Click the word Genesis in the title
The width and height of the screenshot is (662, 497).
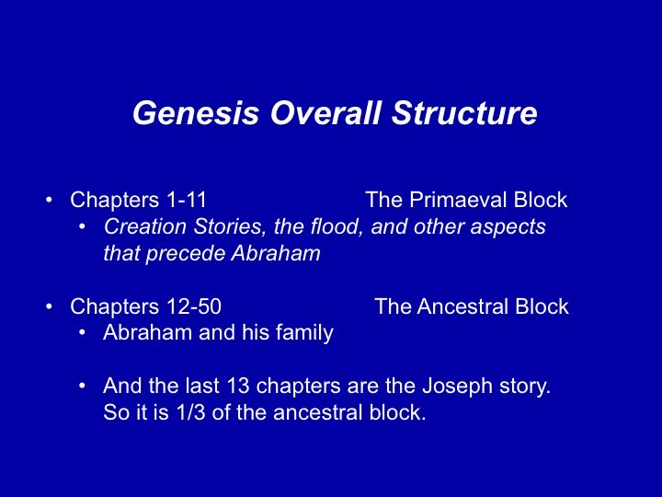coord(196,113)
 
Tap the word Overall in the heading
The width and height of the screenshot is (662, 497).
coord(325,112)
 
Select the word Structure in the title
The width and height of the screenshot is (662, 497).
coord(464,112)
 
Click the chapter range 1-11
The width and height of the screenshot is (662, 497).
coord(187,200)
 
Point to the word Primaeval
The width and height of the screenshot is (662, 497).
coord(458,200)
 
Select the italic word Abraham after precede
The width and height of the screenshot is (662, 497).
coord(276,253)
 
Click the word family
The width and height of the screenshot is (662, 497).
coord(304,332)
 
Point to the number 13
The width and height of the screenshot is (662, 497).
coord(238,386)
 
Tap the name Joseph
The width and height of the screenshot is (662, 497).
coord(457,387)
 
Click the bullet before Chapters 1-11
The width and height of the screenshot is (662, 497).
coord(50,200)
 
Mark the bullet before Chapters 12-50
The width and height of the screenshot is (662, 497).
coord(50,306)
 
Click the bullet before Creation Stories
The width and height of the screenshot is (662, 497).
coord(83,226)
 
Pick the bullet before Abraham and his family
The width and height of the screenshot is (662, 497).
coord(83,332)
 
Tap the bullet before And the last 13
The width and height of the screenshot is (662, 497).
coord(83,386)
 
